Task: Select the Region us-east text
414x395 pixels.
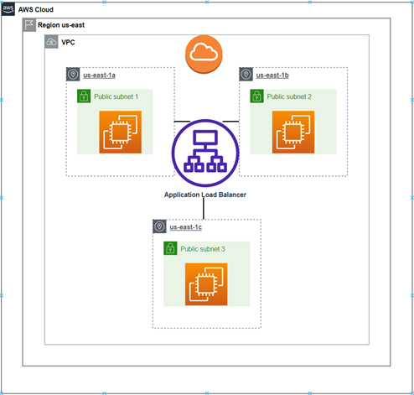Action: tap(61, 25)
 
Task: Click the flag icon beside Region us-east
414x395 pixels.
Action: tap(29, 25)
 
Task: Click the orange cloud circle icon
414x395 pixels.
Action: tap(204, 54)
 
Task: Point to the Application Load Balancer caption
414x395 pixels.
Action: tap(206, 195)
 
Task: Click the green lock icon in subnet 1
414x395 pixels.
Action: tap(84, 97)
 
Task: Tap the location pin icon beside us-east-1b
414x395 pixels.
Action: tap(246, 75)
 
